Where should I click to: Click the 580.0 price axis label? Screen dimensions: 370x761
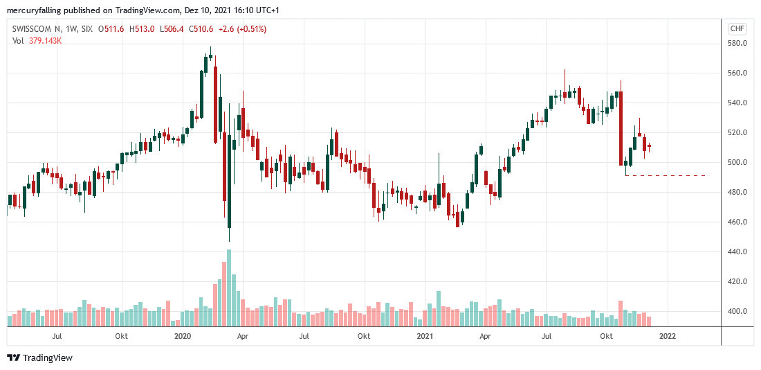[737, 43]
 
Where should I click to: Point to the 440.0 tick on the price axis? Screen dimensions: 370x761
[737, 252]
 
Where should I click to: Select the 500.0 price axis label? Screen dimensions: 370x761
[737, 162]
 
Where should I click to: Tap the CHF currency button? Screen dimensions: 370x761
[737, 28]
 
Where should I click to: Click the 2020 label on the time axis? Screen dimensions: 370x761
[182, 336]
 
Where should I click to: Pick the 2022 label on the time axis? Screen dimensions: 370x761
[668, 336]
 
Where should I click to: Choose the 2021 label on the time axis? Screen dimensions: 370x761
[425, 336]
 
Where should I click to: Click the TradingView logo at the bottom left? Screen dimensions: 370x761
[39, 358]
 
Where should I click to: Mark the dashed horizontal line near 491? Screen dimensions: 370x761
[668, 175]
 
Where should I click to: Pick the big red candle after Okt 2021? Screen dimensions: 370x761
[621, 128]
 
